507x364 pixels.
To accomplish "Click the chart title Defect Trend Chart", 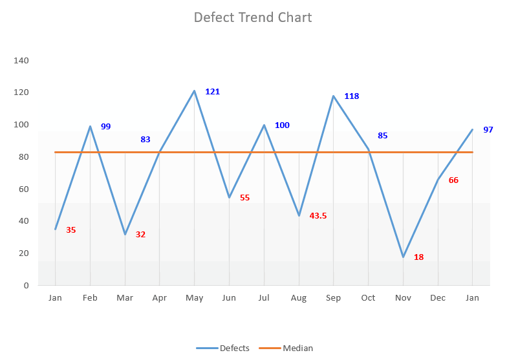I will (x=253, y=17).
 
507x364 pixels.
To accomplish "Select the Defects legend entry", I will (x=223, y=348).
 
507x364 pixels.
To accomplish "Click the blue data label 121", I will (x=212, y=92).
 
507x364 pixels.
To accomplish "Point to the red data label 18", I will (x=418, y=257).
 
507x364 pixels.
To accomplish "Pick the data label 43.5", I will (x=318, y=216).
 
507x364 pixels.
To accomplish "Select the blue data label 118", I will (x=351, y=96).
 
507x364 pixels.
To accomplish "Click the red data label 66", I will (x=453, y=180).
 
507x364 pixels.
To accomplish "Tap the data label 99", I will (x=105, y=127).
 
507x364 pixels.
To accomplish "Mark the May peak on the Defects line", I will (x=194, y=91).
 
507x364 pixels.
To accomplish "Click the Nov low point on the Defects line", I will (x=404, y=257).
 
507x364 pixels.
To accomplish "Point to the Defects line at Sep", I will (x=334, y=96).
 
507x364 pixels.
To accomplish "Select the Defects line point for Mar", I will (x=125, y=234).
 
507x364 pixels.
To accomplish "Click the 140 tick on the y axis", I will (x=21, y=61).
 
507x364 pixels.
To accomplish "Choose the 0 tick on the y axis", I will (x=26, y=285).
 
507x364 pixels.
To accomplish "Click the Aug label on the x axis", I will (x=299, y=298).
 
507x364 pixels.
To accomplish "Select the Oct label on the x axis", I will (x=368, y=298).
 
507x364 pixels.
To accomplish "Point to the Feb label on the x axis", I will (x=90, y=298).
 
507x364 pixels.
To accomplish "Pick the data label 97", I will (x=488, y=130).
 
